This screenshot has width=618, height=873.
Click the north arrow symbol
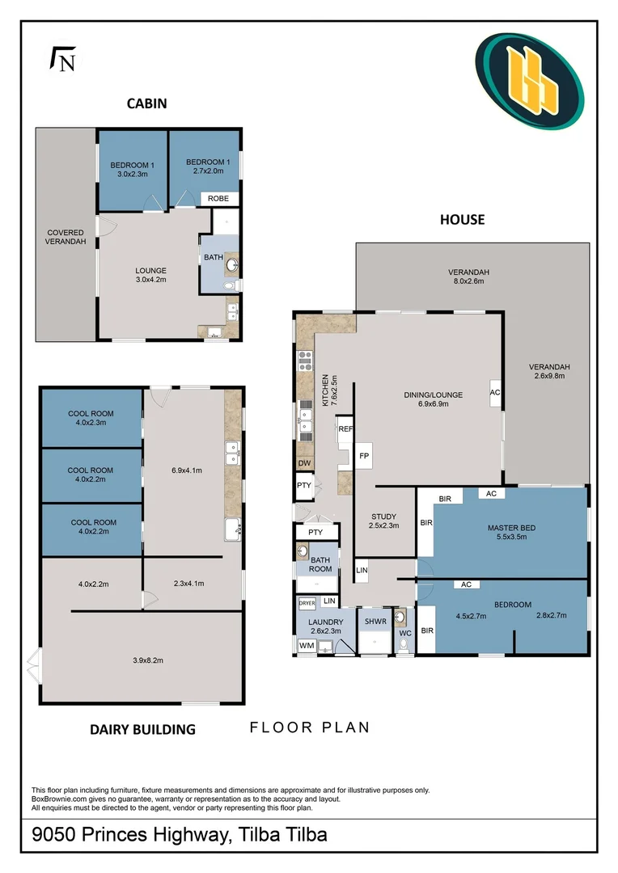click(x=63, y=58)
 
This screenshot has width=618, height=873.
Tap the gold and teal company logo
click(x=529, y=81)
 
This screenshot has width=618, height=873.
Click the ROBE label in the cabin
click(x=218, y=199)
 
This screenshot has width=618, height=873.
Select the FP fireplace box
click(x=364, y=456)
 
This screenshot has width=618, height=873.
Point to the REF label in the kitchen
click(x=345, y=429)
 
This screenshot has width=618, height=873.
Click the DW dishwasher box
click(x=304, y=463)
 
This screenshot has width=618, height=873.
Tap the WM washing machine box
click(x=307, y=646)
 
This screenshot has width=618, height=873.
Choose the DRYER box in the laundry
click(x=307, y=603)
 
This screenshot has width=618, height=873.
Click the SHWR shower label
click(x=375, y=622)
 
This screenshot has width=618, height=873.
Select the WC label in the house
click(x=405, y=634)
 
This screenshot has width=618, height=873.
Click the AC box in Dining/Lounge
click(x=495, y=393)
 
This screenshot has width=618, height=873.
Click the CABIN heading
click(x=147, y=103)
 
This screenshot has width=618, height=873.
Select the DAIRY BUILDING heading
click(x=142, y=729)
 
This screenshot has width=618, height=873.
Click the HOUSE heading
click(x=463, y=220)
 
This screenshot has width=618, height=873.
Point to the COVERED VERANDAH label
click(x=66, y=237)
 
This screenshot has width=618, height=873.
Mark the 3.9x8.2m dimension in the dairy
click(x=148, y=660)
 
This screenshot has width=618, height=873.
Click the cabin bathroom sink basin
click(x=232, y=264)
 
